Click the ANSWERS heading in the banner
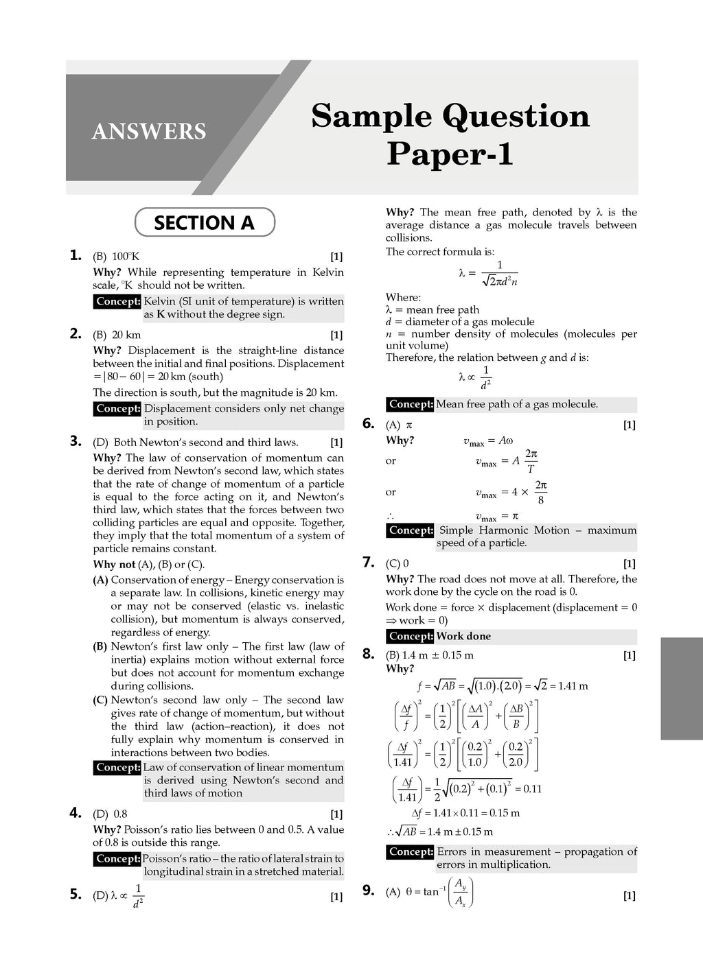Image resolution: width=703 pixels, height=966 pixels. tap(149, 131)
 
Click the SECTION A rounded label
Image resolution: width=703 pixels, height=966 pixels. tap(205, 223)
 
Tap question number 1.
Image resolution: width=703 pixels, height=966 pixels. tap(76, 255)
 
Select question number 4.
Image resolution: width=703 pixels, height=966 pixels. tap(76, 813)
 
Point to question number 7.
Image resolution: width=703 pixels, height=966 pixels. tap(369, 563)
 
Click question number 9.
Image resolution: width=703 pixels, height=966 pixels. tap(369, 891)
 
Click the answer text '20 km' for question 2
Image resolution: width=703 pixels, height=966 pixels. tap(126, 335)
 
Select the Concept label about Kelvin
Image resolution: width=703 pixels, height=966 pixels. tap(118, 301)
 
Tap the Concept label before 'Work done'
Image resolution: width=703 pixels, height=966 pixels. tap(411, 636)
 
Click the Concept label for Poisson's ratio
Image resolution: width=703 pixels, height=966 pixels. tap(118, 858)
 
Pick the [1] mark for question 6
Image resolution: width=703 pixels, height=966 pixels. tap(629, 425)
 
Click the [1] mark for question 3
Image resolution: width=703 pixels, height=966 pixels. tap(336, 443)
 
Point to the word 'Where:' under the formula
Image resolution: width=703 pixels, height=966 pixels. tap(404, 297)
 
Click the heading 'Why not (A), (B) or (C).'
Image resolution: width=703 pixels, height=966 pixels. tap(149, 564)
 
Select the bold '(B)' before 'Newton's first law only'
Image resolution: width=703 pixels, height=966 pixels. tap(100, 646)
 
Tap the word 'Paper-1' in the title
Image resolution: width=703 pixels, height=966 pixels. tap(450, 153)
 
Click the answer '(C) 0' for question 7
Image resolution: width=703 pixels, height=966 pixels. tap(397, 563)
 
